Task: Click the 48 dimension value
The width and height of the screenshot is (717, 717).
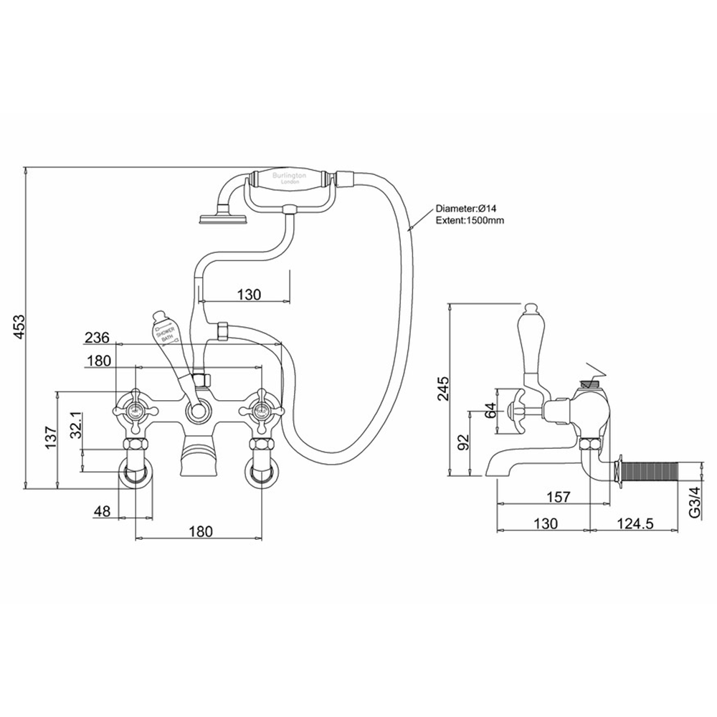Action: [102, 512]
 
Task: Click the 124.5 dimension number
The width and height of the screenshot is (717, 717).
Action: [634, 523]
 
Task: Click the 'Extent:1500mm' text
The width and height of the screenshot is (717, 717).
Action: [470, 220]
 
